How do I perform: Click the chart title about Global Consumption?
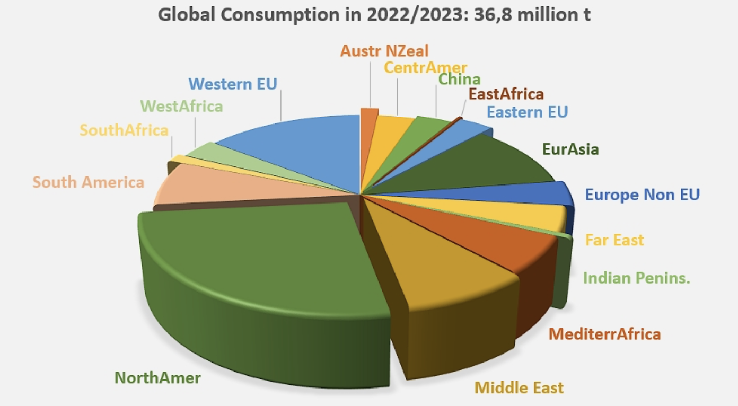(x=374, y=14)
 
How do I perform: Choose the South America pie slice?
(x=212, y=186)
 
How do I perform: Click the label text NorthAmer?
(x=157, y=378)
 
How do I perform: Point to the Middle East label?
(x=519, y=387)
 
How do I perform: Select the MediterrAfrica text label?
(x=604, y=334)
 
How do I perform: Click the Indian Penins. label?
(x=636, y=278)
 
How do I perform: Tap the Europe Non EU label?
(x=642, y=195)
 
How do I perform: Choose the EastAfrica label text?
(x=506, y=94)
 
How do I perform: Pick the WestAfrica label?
(x=181, y=106)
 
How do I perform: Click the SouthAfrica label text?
(x=124, y=130)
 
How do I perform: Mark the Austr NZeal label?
(x=384, y=51)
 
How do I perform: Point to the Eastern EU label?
(x=527, y=112)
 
